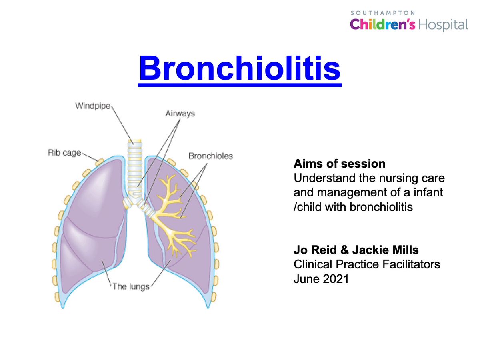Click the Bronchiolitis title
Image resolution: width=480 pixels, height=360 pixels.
point(240,68)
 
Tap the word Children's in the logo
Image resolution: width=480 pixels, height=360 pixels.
point(382,24)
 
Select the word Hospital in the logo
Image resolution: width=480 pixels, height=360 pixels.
point(443,25)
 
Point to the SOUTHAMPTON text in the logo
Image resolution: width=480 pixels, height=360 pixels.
point(382,13)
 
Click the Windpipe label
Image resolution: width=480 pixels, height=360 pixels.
point(93,106)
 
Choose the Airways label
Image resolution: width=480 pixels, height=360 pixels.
point(180,114)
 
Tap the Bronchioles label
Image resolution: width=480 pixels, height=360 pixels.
point(210,156)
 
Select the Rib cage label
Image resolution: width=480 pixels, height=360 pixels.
point(64,152)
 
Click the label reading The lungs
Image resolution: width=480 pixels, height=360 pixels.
point(131,286)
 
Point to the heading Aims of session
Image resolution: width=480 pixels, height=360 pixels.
point(339,164)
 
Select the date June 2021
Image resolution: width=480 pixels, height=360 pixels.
point(321,279)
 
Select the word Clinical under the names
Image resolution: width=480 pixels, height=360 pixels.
point(314,264)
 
